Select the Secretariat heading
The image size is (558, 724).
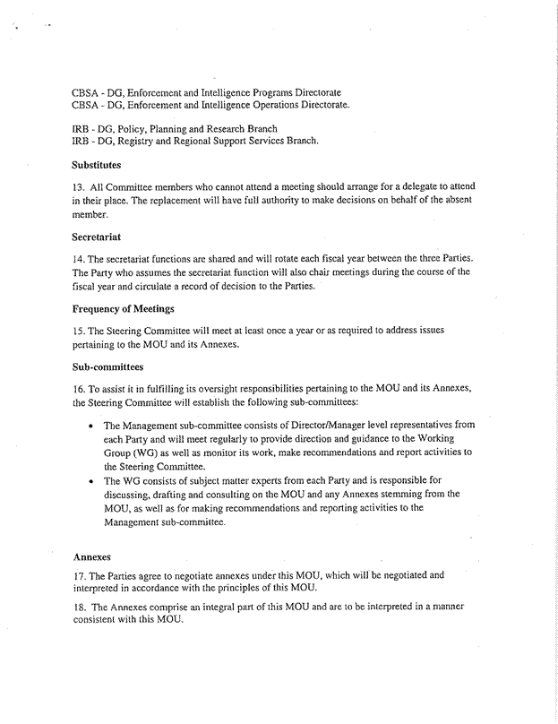pyautogui.click(x=95, y=237)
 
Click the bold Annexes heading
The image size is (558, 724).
pyautogui.click(x=90, y=556)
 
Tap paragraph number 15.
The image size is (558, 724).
pyautogui.click(x=77, y=331)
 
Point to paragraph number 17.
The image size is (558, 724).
pyautogui.click(x=77, y=576)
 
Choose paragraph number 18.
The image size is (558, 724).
pyautogui.click(x=77, y=608)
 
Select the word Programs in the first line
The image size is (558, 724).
pyautogui.click(x=266, y=93)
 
